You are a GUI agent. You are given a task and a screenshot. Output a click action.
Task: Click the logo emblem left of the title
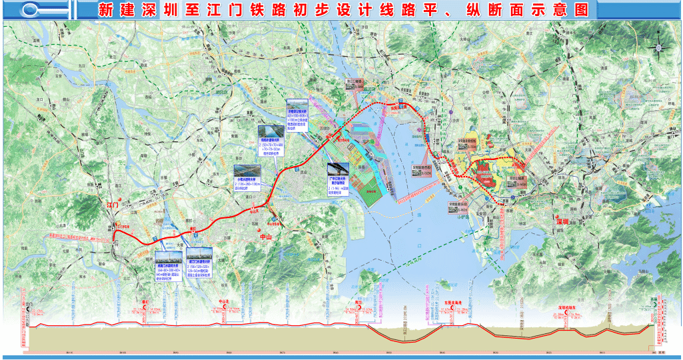click(43, 10)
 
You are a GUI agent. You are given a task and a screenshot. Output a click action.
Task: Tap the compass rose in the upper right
click(659, 47)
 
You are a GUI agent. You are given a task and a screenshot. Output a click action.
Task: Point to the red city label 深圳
click(562, 221)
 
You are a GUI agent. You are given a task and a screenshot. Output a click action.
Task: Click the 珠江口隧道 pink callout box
click(421, 169)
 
